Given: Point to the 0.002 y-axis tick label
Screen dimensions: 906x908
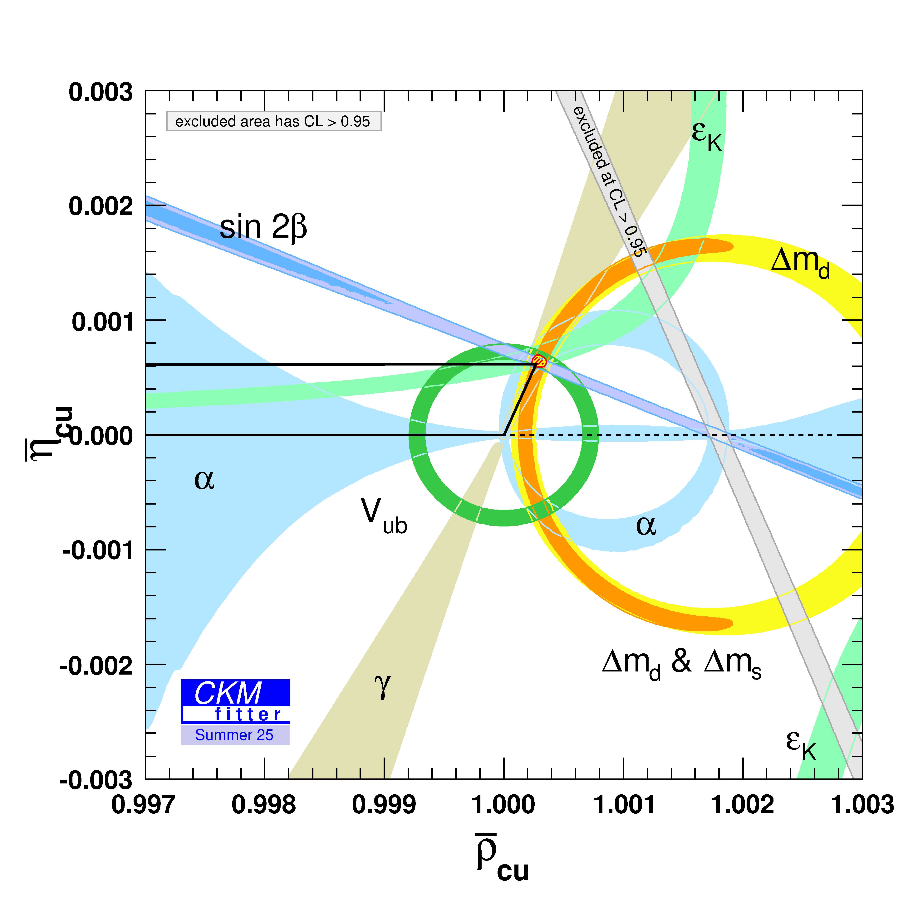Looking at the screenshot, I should tap(101, 207).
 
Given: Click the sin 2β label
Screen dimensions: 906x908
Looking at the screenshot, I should tap(263, 227).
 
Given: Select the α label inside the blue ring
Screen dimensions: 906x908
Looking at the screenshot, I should tap(646, 525).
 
